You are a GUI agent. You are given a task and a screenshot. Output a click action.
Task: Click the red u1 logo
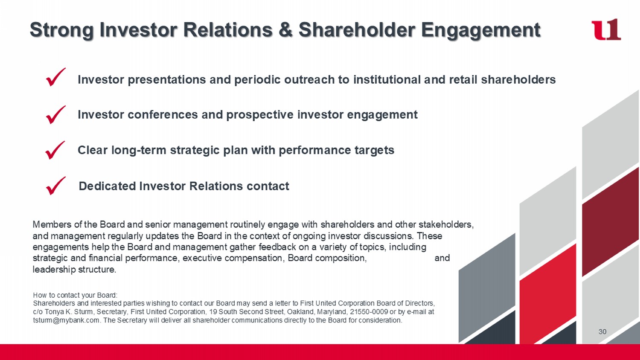pos(606,29)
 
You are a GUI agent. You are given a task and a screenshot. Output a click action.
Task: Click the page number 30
pos(602,332)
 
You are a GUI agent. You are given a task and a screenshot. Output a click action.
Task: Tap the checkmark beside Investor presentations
pos(56,77)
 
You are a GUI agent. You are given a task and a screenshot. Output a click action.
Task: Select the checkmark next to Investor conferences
pos(56,115)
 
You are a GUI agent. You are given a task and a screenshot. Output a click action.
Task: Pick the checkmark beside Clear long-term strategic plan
pos(55,150)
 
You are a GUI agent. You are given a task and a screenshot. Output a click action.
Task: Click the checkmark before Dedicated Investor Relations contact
pos(56,186)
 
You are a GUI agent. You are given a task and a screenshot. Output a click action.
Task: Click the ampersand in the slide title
pos(286,30)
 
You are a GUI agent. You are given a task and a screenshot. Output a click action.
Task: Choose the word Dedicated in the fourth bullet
pos(107,186)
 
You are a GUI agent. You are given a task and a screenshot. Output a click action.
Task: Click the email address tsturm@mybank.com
pos(66,320)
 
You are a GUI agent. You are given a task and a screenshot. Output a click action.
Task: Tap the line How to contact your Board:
pos(75,295)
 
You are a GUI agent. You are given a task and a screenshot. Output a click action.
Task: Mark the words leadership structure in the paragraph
pos(74,270)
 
